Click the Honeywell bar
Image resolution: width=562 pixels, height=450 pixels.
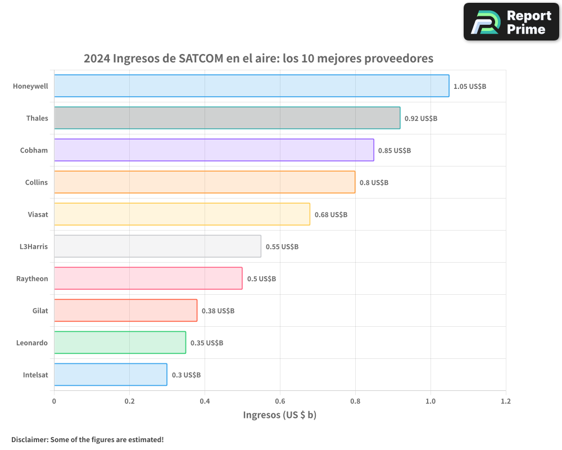click(251, 86)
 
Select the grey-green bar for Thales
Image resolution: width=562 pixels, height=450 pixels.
click(227, 118)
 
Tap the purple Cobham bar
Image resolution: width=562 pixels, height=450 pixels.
click(214, 150)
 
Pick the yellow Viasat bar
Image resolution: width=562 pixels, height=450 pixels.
click(182, 214)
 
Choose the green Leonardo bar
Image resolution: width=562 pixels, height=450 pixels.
click(120, 343)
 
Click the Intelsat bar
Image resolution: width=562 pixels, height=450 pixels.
click(111, 375)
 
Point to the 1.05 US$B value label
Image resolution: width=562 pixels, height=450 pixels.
click(470, 87)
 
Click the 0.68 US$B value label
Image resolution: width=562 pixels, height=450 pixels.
click(331, 215)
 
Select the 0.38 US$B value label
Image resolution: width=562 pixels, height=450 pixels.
click(218, 311)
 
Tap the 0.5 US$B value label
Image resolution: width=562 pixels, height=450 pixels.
click(261, 279)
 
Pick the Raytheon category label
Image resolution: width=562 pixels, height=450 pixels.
click(32, 278)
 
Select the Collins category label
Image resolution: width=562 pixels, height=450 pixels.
click(37, 182)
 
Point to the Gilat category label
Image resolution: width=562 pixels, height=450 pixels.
click(40, 310)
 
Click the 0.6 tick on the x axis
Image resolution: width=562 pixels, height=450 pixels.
click(280, 402)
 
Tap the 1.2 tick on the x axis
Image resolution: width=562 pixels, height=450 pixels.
click(506, 402)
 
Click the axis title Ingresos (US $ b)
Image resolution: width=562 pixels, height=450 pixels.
click(280, 415)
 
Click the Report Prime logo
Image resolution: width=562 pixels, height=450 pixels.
click(511, 22)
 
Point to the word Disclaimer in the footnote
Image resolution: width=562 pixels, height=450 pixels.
click(29, 439)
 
